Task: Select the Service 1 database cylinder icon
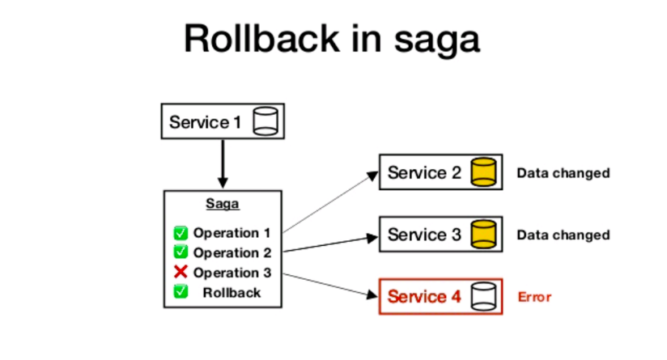coord(265,122)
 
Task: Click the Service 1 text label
coord(206,123)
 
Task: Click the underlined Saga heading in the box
coord(223,205)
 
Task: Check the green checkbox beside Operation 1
coord(181,233)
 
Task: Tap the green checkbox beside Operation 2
coord(181,252)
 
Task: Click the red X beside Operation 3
coord(181,272)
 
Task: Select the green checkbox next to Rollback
coord(181,292)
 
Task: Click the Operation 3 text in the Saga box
coord(232,273)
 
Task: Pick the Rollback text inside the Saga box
coord(232,292)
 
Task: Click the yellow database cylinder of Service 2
coord(483,172)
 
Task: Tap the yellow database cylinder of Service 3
coord(483,235)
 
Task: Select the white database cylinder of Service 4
coord(483,297)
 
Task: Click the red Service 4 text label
coord(423,297)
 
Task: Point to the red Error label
coord(534,297)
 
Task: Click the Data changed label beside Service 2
coord(563,173)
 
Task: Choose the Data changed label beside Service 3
coord(563,235)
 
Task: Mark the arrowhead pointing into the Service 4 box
coord(373,294)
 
